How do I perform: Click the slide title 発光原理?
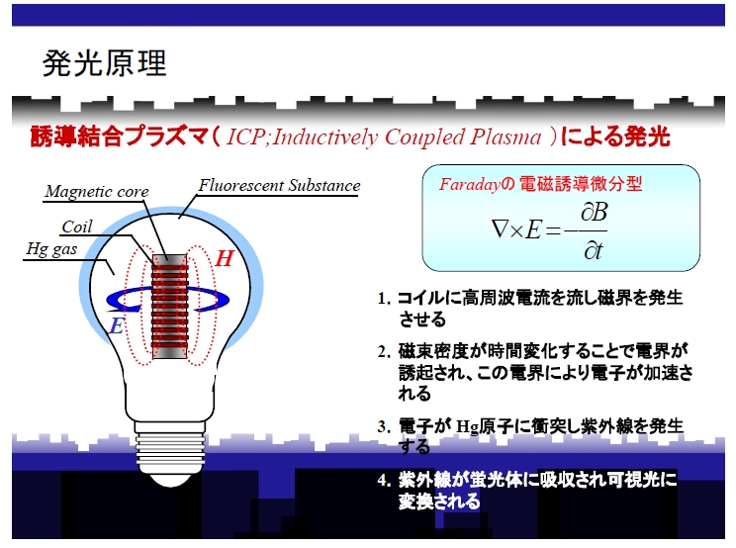(104, 63)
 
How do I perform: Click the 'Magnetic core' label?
(97, 192)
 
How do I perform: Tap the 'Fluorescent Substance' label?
(279, 185)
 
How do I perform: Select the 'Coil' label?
(77, 227)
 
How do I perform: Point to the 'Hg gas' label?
(51, 249)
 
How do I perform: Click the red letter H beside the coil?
(225, 258)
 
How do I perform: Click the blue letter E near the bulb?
(117, 325)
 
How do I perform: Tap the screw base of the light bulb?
(170, 449)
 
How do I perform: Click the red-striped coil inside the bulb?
(169, 307)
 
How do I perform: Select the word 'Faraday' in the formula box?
(470, 184)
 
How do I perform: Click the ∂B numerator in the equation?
(594, 213)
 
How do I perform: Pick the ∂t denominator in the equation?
(593, 251)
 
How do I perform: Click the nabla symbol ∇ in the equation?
(500, 229)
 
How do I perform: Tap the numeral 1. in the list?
(385, 299)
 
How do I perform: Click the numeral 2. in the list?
(385, 352)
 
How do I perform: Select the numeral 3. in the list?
(385, 427)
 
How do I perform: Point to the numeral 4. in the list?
(385, 481)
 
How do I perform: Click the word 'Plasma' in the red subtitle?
(506, 137)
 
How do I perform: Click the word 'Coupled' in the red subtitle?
(424, 137)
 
